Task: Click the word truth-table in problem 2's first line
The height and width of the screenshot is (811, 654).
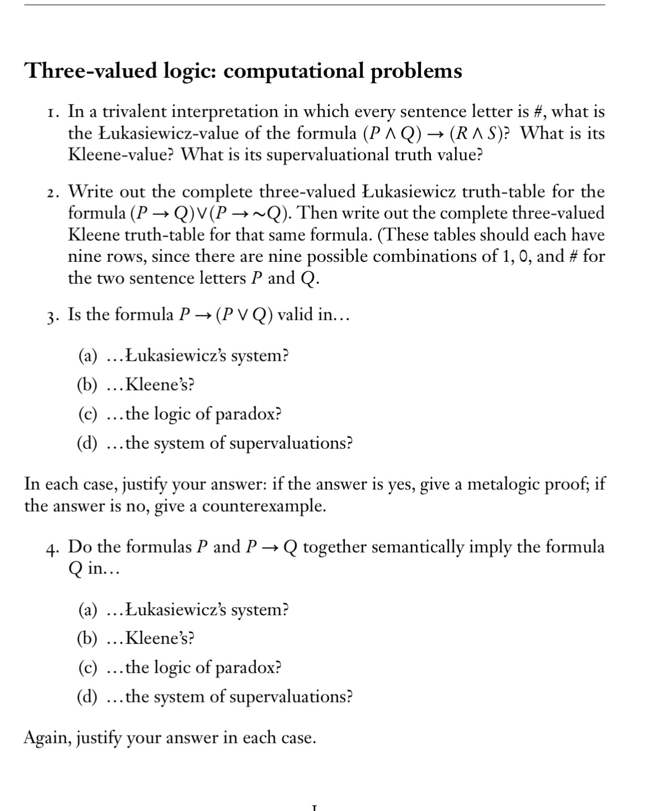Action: coord(503,192)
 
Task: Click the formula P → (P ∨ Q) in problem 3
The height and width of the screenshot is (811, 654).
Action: coord(225,315)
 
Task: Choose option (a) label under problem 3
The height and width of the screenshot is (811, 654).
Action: coord(87,356)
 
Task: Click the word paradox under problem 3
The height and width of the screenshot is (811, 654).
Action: coord(248,414)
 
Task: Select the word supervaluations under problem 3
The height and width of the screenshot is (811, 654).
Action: coord(291,444)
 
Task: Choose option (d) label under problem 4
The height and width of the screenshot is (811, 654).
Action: coord(87,697)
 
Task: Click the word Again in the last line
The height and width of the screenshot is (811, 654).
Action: coord(47,738)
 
